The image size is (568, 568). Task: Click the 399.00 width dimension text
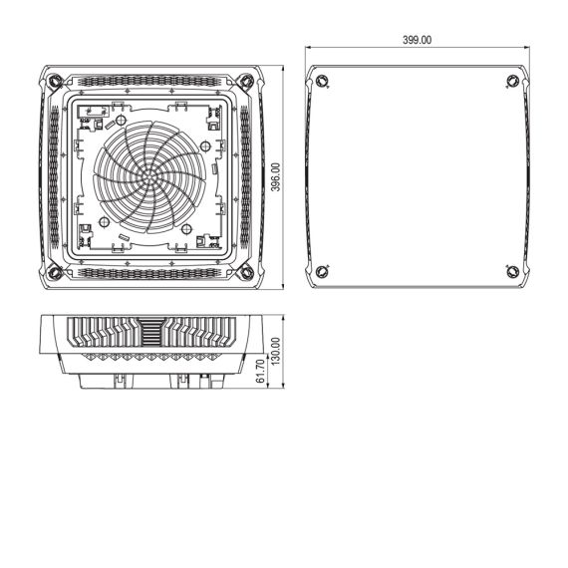click(417, 40)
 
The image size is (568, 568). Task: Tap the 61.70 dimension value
click(261, 373)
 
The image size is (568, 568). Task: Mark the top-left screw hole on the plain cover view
click(321, 81)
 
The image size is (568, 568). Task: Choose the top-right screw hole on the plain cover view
click(511, 81)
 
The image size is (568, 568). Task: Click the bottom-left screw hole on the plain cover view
click(321, 271)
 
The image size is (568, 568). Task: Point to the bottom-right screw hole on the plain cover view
click(511, 271)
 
